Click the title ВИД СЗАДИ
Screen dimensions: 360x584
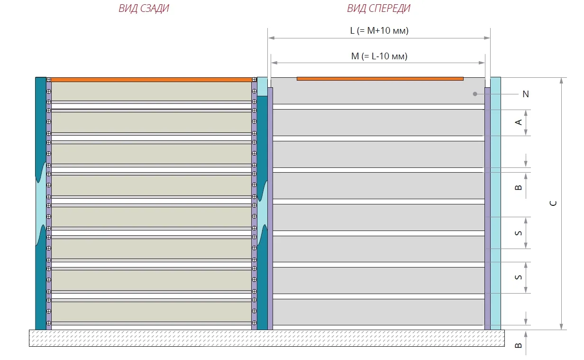point(144,9)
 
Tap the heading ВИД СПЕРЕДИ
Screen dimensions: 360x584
point(378,9)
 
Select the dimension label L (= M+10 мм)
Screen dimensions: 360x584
point(379,31)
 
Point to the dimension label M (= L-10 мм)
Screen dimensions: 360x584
point(379,56)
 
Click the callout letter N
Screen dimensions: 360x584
point(525,94)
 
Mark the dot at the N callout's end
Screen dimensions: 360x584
point(475,94)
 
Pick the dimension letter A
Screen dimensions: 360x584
point(519,122)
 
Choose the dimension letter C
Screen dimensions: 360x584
point(553,203)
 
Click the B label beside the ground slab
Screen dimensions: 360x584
point(519,346)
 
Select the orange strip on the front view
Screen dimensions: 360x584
point(380,79)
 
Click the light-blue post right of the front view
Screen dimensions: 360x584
point(495,204)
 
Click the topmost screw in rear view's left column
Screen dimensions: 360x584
point(49,79)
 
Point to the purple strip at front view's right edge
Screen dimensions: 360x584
point(487,209)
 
